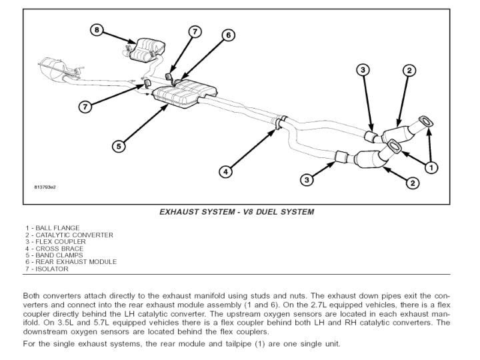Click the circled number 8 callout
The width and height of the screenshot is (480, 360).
(98, 30)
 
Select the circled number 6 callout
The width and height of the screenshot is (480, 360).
(228, 35)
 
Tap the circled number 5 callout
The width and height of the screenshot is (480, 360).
(118, 146)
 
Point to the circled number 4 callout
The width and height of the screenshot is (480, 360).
(226, 171)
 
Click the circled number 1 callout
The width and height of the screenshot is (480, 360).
(431, 167)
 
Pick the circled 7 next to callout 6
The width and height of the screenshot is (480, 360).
(194, 31)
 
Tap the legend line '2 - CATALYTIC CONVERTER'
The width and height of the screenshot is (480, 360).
(69, 235)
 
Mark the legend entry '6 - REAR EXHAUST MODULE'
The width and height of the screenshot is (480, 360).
(71, 262)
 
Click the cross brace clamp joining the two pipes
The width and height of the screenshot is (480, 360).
(279, 121)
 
